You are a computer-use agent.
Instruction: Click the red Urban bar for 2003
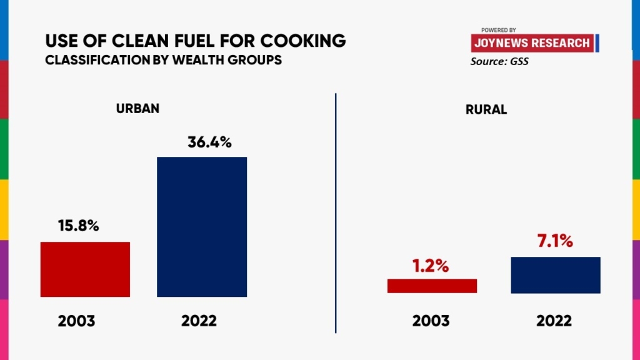coord(85,269)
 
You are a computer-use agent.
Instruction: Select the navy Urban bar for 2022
coord(202,227)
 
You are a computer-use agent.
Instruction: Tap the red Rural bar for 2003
coord(432,286)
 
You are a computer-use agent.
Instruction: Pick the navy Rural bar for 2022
coord(556,275)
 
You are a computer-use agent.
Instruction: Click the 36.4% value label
coord(209,142)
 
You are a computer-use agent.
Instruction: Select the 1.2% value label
coord(430,266)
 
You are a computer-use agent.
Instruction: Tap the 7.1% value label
coord(555,241)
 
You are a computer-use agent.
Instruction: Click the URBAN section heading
coord(137,108)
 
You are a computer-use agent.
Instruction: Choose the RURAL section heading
coord(486,110)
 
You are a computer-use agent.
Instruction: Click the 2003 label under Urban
coord(76,321)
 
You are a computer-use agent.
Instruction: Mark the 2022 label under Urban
coord(199,321)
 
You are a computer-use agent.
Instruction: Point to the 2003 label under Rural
coord(431,321)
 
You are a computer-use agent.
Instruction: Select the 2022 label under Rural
coord(554,321)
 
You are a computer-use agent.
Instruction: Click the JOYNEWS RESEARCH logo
coord(532,43)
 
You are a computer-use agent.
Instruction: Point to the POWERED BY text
coord(498,30)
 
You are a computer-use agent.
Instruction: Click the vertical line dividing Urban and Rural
coord(336,212)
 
